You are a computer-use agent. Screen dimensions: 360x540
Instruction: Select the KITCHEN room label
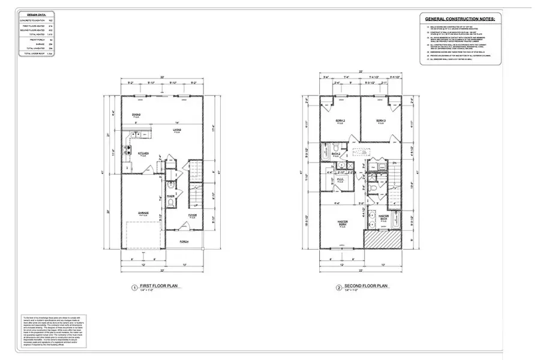tap(143, 154)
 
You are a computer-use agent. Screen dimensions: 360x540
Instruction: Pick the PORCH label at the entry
tap(184, 241)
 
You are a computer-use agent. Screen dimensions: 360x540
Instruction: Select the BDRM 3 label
tap(380, 121)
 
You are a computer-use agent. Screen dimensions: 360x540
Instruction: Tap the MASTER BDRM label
tap(343, 223)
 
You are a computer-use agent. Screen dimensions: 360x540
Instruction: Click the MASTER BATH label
tap(383, 217)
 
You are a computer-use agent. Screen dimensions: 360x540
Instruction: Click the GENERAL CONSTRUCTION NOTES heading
tap(460, 19)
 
